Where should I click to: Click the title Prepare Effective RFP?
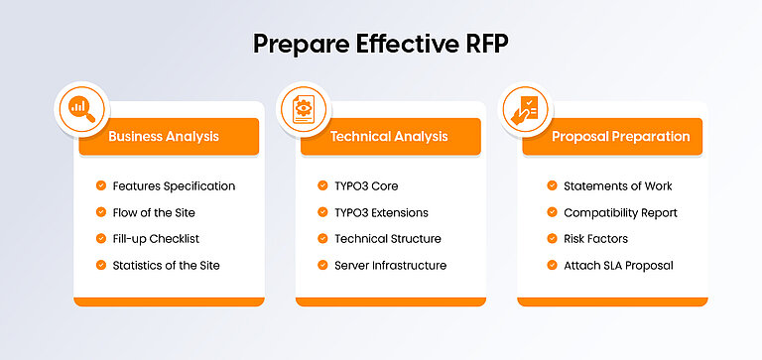pyautogui.click(x=381, y=44)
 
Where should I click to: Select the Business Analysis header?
pyautogui.click(x=164, y=137)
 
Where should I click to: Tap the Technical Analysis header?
pyautogui.click(x=389, y=137)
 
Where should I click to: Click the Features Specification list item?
pyautogui.click(x=174, y=185)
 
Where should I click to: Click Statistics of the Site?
pyautogui.click(x=166, y=265)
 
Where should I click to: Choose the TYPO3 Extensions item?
pyautogui.click(x=381, y=212)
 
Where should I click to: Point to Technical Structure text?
pyautogui.click(x=387, y=239)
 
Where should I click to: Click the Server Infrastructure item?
pyautogui.click(x=390, y=265)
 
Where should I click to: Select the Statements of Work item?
pyautogui.click(x=617, y=185)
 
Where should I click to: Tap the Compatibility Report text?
pyautogui.click(x=619, y=212)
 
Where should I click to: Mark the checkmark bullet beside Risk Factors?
pyautogui.click(x=552, y=239)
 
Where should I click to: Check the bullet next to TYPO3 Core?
pyautogui.click(x=323, y=185)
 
